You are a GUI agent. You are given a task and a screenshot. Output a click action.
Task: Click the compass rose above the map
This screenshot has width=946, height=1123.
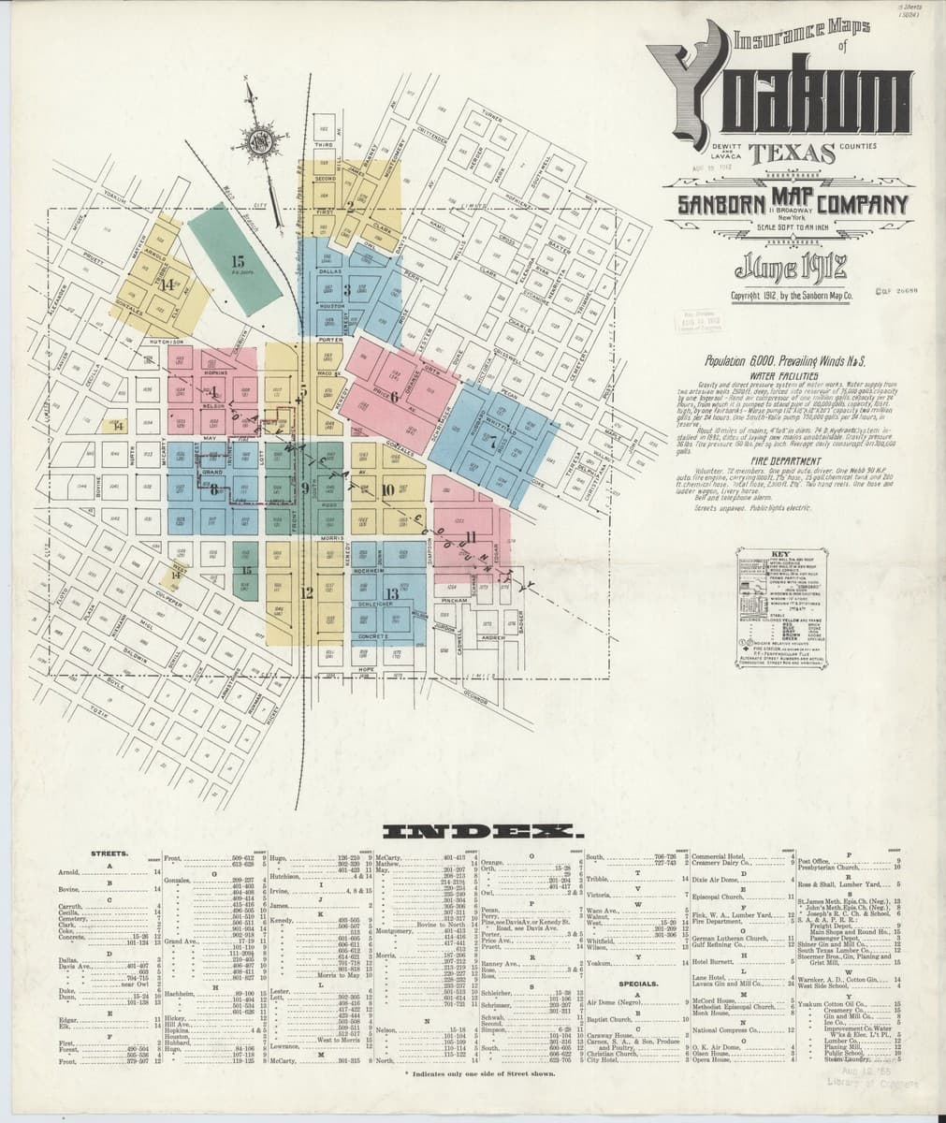pyautogui.click(x=255, y=140)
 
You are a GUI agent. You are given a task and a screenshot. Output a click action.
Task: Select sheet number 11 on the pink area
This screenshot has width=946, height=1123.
pyautogui.click(x=472, y=536)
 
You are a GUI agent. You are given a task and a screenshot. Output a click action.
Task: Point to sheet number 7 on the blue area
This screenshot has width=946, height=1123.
pyautogui.click(x=491, y=443)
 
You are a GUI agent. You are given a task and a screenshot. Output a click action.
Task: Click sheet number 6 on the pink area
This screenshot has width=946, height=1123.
pyautogui.click(x=394, y=396)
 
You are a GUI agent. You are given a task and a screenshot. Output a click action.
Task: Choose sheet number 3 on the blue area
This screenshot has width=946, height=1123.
pyautogui.click(x=347, y=289)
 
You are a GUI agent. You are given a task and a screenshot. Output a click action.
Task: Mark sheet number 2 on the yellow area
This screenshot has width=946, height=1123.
pyautogui.click(x=350, y=207)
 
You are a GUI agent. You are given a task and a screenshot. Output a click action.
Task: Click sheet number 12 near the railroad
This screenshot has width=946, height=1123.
pyautogui.click(x=307, y=591)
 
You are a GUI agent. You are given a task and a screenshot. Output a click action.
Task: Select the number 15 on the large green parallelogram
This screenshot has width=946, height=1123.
pyautogui.click(x=238, y=261)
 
